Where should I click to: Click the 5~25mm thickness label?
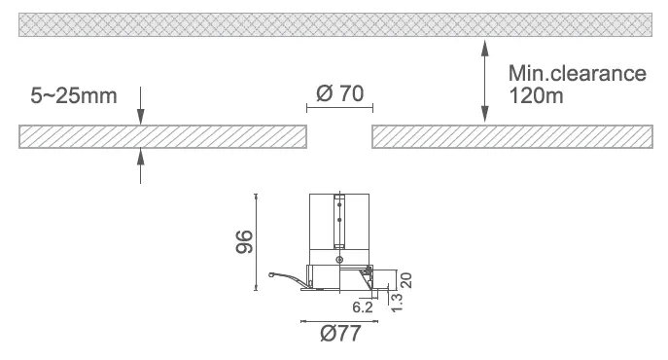click(x=73, y=95)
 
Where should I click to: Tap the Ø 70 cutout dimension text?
click(x=340, y=93)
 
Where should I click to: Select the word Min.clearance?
click(x=578, y=73)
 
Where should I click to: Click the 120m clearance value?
click(x=536, y=95)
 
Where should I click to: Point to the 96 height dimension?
click(x=244, y=241)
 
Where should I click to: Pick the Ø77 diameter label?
click(x=340, y=333)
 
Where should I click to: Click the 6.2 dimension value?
click(x=363, y=307)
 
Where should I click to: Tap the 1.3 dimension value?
click(x=396, y=303)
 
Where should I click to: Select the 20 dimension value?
click(x=406, y=280)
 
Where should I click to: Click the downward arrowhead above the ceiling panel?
click(x=141, y=117)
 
